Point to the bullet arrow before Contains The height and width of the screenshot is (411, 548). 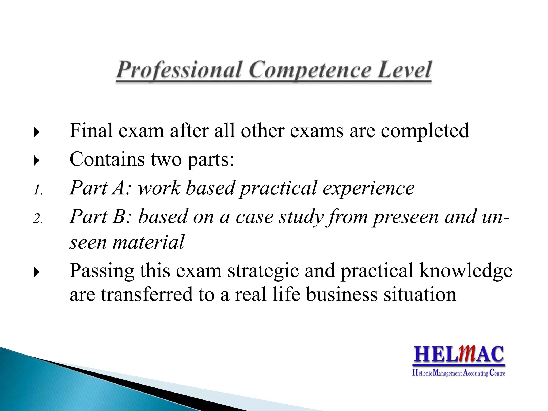(37, 161)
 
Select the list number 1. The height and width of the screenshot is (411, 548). (38, 191)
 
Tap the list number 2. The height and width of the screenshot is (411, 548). (38, 219)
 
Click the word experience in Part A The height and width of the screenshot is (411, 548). (368, 188)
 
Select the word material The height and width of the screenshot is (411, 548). (149, 242)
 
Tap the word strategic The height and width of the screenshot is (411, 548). (263, 271)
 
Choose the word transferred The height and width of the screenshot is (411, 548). (147, 294)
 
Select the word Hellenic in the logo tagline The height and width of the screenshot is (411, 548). (422, 373)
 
